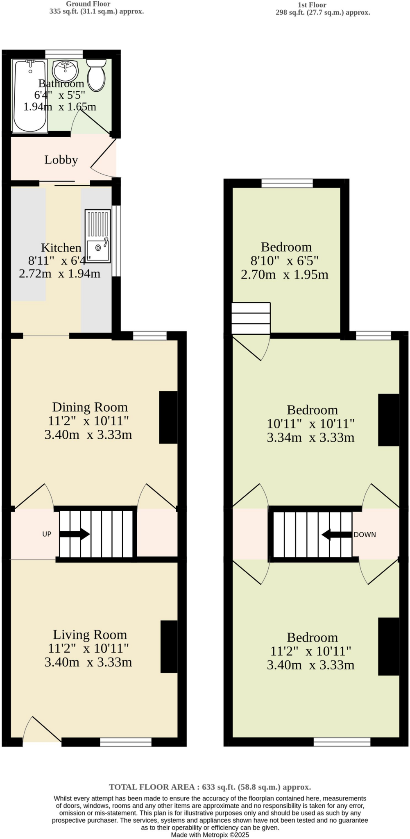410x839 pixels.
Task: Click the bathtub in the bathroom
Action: [29, 96]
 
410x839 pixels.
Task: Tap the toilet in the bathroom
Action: [97, 75]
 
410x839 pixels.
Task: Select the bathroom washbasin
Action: [65, 70]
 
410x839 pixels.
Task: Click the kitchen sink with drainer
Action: [98, 236]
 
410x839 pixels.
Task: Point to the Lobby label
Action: [61, 160]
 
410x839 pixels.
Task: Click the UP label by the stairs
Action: [47, 534]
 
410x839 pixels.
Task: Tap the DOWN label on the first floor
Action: [365, 535]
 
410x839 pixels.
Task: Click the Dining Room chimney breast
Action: [168, 417]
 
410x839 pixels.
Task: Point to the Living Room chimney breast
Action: [169, 646]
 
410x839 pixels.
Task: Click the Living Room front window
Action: [126, 742]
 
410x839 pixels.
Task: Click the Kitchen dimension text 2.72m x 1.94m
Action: [60, 273]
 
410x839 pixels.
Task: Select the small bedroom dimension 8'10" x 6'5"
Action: [285, 261]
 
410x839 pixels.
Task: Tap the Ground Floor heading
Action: [88, 4]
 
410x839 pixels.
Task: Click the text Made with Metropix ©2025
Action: [210, 834]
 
